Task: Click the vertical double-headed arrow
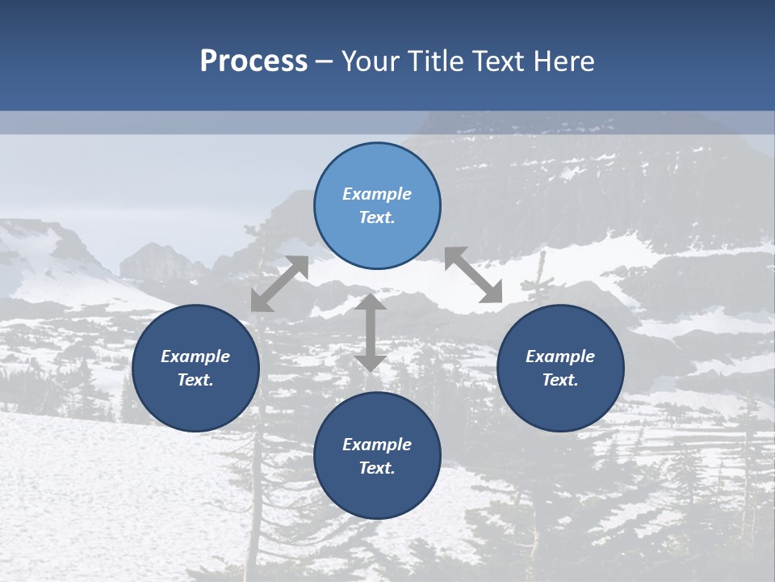[371, 332]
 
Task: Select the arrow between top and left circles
[279, 284]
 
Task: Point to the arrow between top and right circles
[473, 275]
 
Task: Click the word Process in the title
[253, 61]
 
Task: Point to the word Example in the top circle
[377, 194]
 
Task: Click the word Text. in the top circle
[377, 217]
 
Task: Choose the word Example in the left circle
[195, 356]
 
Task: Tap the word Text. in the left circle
[195, 380]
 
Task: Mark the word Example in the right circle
[560, 356]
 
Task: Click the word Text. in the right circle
[560, 380]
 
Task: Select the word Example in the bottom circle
[377, 445]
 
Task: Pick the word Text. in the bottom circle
[377, 468]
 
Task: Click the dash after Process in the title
[324, 61]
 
